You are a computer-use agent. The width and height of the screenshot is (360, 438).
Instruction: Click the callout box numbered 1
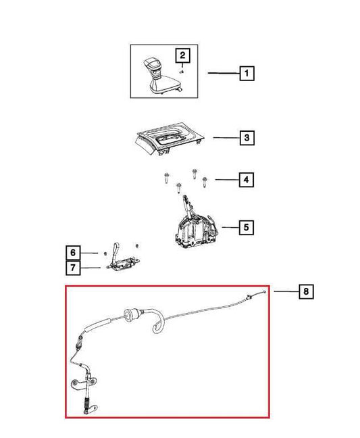tap(247, 74)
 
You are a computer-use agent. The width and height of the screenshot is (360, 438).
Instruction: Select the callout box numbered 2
tap(182, 55)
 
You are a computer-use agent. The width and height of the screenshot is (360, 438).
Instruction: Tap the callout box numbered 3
tap(247, 138)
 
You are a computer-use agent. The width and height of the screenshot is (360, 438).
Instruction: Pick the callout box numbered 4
tap(246, 180)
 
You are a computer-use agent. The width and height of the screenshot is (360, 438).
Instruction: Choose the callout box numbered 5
tap(246, 227)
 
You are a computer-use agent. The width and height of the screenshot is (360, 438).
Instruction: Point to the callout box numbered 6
tap(73, 253)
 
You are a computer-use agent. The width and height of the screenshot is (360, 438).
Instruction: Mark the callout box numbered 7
tap(73, 268)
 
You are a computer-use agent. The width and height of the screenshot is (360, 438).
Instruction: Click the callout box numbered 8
tap(306, 291)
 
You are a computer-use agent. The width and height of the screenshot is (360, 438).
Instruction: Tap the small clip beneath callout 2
tap(182, 72)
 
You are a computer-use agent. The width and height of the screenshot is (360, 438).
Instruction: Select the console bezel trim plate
tap(169, 139)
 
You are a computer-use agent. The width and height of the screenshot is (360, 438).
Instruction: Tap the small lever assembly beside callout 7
tap(123, 258)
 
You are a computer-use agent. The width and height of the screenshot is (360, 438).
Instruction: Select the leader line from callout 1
tap(224, 73)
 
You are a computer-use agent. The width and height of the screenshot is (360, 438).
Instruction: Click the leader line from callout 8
tap(286, 291)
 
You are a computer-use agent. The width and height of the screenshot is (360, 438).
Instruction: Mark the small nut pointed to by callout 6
tap(105, 253)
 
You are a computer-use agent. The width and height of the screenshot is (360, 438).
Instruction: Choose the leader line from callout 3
tap(226, 137)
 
